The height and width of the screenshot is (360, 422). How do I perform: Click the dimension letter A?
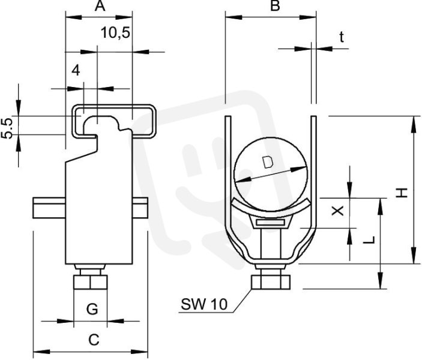pos(100,5)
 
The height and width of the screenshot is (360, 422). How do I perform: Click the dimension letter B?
pos(275,5)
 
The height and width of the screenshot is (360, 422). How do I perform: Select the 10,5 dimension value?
pos(115,33)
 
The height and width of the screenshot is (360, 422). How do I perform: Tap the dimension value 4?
pos(76,70)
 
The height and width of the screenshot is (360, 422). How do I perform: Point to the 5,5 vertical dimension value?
pos(7,128)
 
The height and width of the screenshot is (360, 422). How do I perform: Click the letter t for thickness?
pos(341,37)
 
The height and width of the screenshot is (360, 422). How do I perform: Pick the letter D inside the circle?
pos(268,162)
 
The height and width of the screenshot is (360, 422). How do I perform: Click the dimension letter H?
pos(402,193)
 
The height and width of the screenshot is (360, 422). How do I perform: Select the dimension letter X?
pos(337,211)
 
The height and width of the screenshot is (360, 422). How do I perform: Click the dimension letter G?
pos(92,309)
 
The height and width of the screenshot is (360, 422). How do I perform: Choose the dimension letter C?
pos(94,340)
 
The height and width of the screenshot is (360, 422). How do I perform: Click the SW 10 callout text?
pos(204,304)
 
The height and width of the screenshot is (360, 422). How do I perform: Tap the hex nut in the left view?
pos(91,282)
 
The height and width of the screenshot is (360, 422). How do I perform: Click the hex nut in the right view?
pos(271,282)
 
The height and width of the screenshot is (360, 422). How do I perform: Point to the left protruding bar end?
pos(49,208)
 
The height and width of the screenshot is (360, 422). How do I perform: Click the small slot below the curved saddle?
pos(271,223)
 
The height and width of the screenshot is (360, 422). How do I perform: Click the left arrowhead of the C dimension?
pos(41,352)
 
